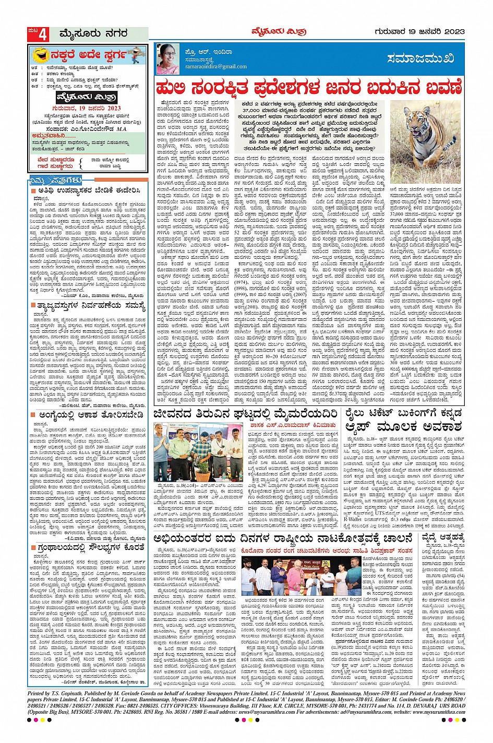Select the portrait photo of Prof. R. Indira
pyautogui.click(x=167, y=59)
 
